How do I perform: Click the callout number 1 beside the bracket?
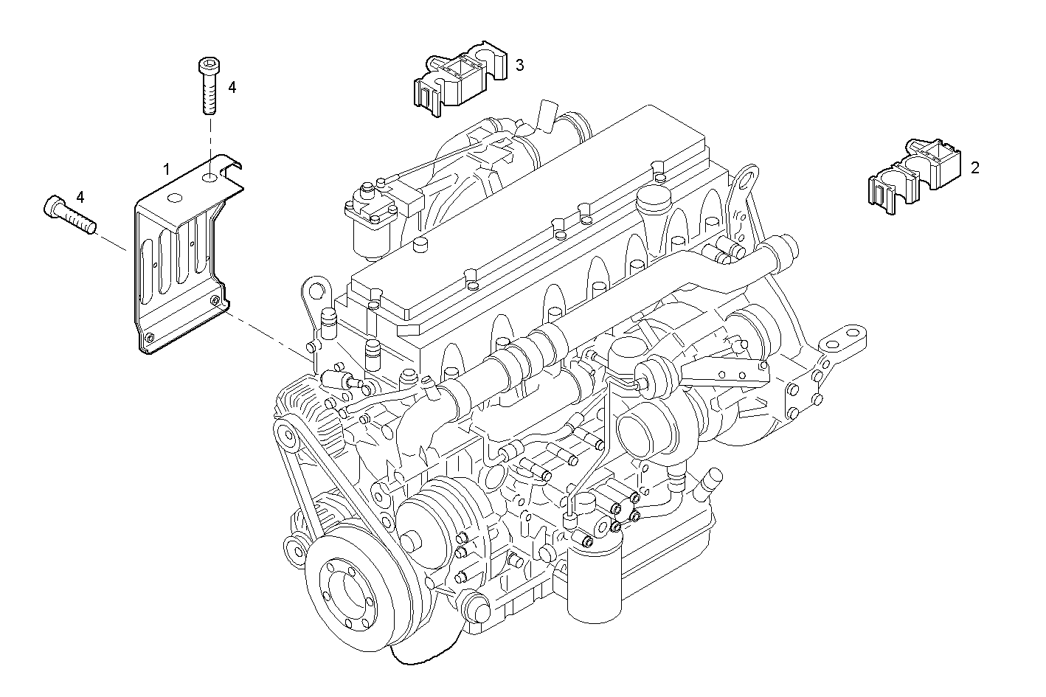point(167,170)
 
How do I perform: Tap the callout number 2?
point(974,168)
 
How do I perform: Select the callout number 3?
point(519,66)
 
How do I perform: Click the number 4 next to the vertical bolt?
point(232,87)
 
